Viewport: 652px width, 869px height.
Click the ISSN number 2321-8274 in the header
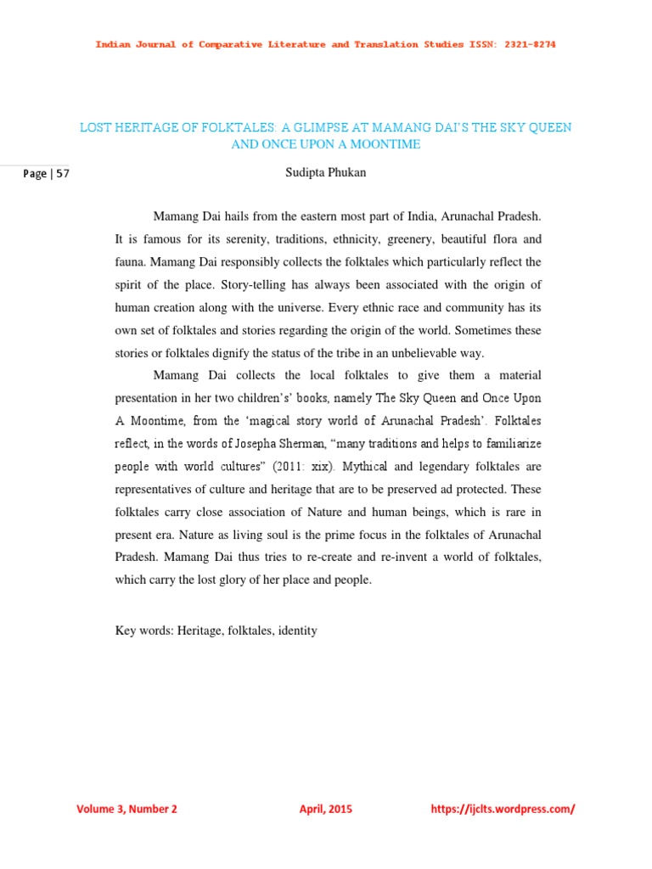526,44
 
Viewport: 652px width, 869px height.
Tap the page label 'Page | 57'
47,175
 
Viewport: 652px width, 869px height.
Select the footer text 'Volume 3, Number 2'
127,809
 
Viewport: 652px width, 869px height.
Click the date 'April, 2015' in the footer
326,809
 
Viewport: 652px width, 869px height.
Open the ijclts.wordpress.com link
503,809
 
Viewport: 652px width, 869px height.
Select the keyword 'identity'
296,631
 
